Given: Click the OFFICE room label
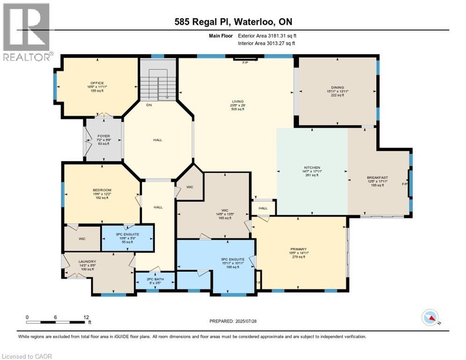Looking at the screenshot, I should pos(97,83).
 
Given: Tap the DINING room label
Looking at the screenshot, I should pos(337,87).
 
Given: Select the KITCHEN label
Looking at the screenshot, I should pos(312,167).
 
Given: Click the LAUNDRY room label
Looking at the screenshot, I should pos(88,262).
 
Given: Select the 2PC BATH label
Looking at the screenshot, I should pos(155,279).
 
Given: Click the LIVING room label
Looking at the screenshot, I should pos(238,101).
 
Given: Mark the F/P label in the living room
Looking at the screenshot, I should pos(245,62).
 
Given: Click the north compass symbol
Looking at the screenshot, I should pos(430,318).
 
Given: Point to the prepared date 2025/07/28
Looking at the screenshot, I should pos(234,321).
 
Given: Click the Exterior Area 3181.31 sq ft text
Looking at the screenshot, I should pos(267,36).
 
